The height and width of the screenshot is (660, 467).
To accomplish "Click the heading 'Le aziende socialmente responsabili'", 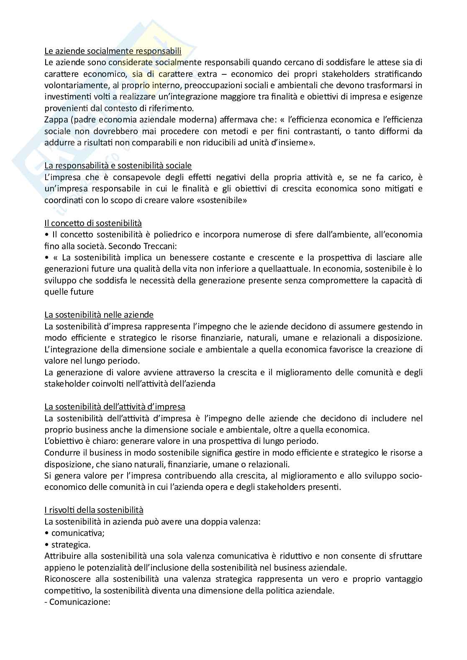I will point(113,51).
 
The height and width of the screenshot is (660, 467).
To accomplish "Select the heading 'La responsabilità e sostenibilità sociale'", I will point(118,166).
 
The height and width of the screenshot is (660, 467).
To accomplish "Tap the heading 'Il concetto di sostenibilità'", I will point(93,223).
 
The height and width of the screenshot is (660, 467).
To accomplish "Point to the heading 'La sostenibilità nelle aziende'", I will point(99,315).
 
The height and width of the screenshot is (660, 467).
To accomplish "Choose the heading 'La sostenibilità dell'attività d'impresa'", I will point(115,407).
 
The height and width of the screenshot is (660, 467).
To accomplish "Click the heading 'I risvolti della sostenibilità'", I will point(94,510).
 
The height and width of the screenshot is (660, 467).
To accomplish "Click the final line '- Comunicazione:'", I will point(77,601).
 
